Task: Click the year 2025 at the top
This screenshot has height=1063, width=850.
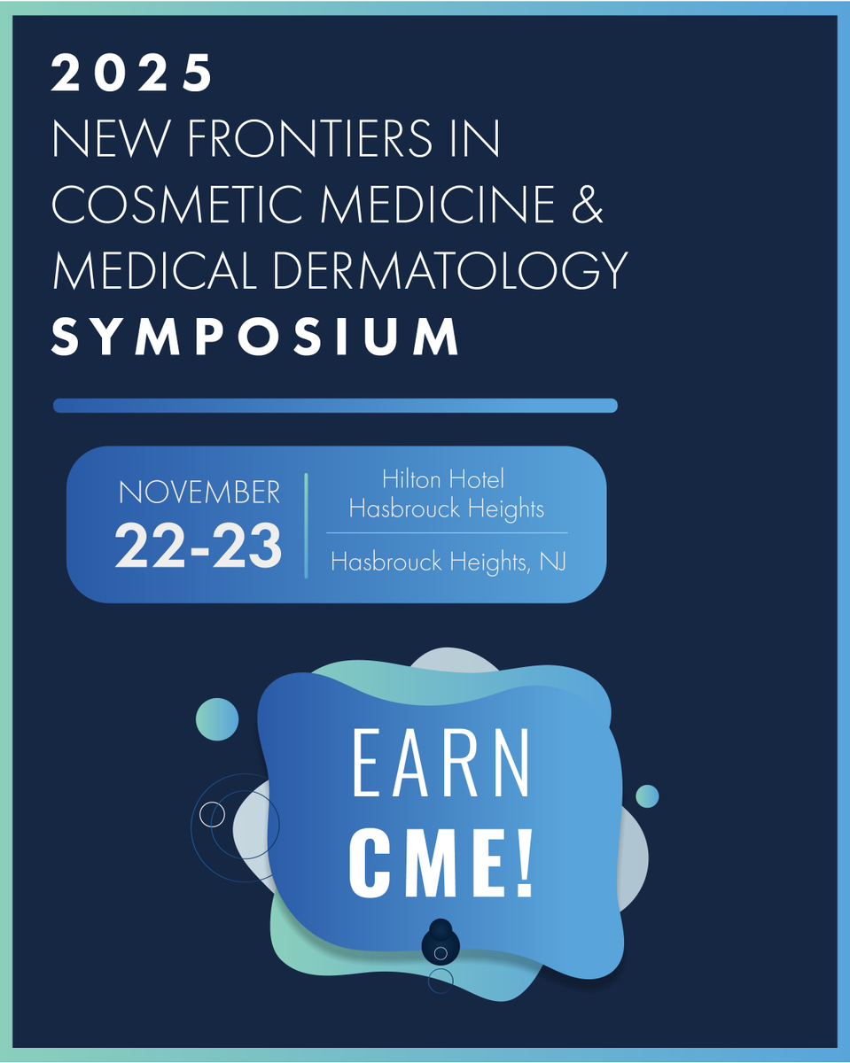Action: pos(132,74)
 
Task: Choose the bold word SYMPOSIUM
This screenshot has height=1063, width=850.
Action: pos(256,337)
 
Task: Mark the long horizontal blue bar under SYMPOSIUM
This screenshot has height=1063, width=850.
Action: pos(335,406)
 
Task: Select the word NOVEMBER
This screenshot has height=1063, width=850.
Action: pos(199,493)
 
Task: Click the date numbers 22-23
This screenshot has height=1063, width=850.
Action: pos(199,546)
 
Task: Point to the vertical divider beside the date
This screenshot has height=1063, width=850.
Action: pos(306,525)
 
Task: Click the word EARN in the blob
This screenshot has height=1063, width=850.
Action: pos(441,764)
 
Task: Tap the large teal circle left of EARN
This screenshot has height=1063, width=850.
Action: pos(217,719)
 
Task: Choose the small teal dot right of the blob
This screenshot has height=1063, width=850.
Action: pos(647,795)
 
